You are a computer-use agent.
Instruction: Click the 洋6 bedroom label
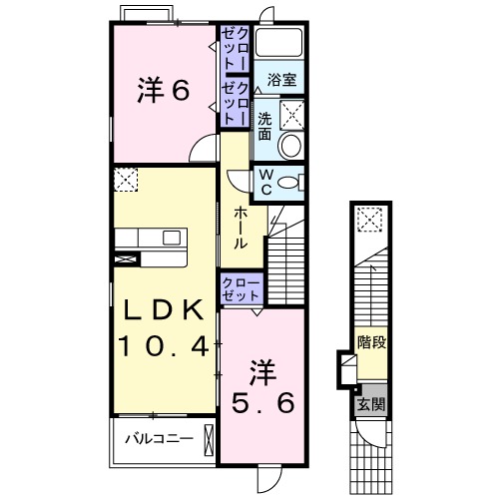click(164, 90)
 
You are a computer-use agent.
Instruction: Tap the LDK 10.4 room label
click(164, 327)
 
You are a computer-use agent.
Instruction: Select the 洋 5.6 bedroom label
click(262, 386)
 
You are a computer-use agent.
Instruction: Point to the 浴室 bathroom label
click(281, 80)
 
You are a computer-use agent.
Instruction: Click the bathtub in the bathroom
click(279, 42)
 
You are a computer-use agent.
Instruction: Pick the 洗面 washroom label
click(264, 126)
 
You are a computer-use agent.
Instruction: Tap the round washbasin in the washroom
click(291, 145)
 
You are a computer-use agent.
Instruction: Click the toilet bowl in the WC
click(288, 183)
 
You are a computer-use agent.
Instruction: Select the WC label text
click(266, 182)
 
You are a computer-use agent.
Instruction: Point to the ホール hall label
click(241, 228)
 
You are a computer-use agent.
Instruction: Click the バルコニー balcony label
click(159, 439)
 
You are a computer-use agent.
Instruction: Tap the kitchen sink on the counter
click(172, 238)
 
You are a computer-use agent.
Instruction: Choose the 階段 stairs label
click(371, 342)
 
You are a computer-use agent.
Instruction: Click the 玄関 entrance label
click(371, 403)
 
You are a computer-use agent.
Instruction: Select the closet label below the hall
click(241, 289)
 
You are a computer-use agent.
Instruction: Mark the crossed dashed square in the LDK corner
click(126, 180)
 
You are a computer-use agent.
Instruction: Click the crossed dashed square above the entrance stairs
click(369, 220)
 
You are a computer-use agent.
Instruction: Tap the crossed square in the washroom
click(291, 114)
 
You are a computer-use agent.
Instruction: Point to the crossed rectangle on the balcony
click(209, 440)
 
